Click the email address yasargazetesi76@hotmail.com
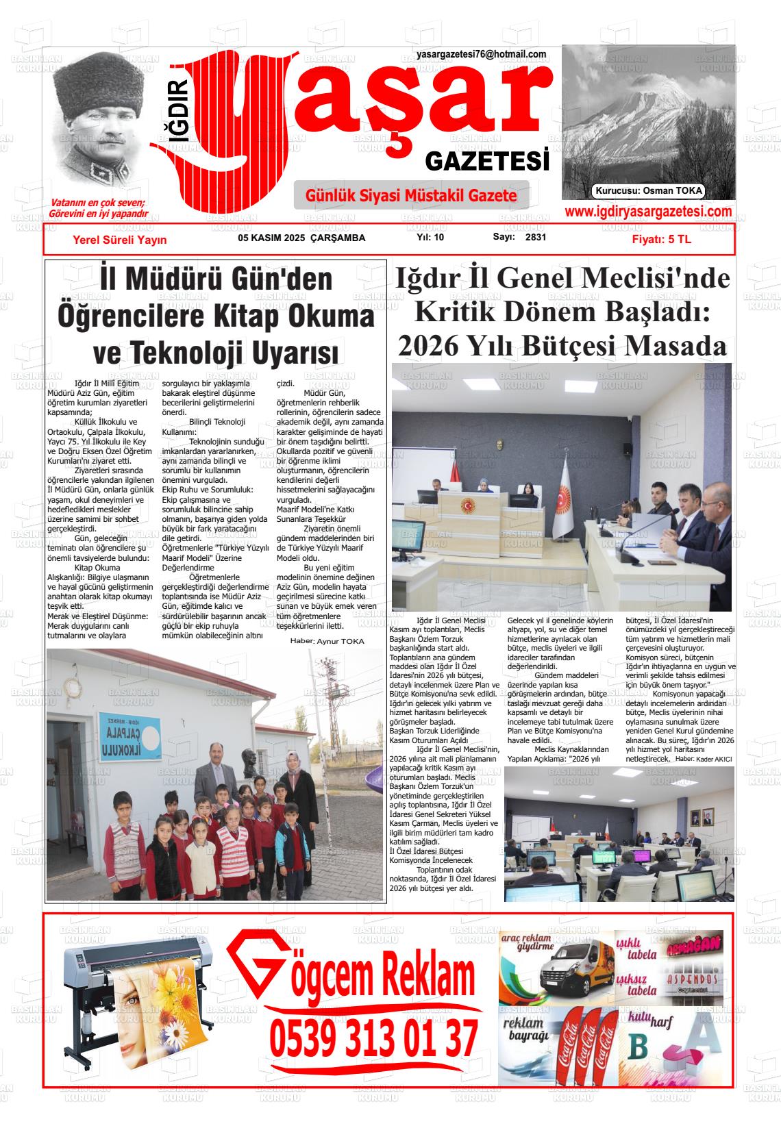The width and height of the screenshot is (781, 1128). point(481,55)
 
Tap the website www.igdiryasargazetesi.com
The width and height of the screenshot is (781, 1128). point(648,212)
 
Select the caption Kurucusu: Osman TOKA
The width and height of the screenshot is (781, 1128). point(649,191)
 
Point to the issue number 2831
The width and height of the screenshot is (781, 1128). point(535,238)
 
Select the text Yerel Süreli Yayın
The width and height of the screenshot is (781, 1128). point(119,240)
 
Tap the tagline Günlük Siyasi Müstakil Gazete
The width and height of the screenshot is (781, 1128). point(411,196)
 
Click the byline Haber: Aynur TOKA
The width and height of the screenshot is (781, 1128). point(327,641)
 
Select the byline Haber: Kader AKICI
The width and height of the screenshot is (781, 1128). point(704,760)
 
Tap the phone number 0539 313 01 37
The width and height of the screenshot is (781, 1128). point(373,1038)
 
